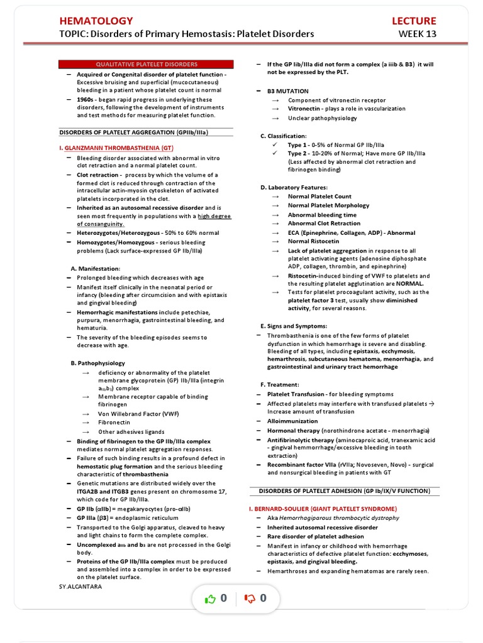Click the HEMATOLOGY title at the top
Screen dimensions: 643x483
[x=96, y=21]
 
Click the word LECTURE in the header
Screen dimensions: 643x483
[x=413, y=21]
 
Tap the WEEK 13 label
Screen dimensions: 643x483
[x=417, y=34]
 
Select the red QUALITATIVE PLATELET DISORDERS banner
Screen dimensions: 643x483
[x=146, y=64]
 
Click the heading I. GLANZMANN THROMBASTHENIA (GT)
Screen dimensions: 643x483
[x=116, y=148]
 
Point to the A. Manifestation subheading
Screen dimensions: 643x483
[x=95, y=268]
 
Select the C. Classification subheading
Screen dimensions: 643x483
[x=284, y=136]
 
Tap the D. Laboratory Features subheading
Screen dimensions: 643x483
[x=294, y=187]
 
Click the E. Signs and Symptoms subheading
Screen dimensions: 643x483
[x=294, y=327]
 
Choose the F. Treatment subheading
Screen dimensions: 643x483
[x=280, y=384]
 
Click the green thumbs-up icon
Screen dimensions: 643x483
[x=210, y=599]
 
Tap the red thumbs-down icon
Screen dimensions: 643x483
[x=250, y=599]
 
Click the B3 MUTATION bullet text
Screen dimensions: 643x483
[x=287, y=91]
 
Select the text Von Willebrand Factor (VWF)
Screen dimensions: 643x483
[x=130, y=414]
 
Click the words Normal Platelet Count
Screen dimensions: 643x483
[x=319, y=197]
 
